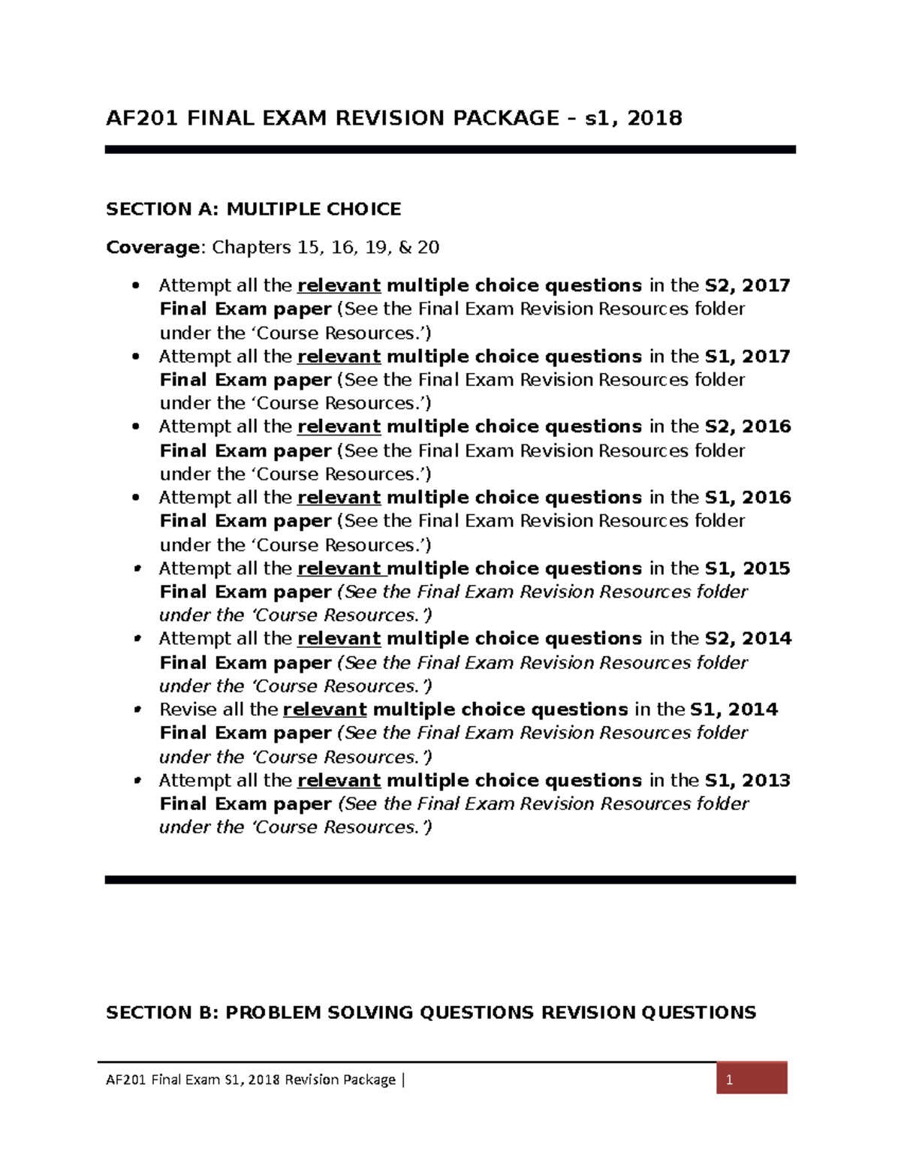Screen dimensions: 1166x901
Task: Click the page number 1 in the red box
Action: pyautogui.click(x=728, y=1080)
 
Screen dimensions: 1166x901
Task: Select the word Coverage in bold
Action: pyautogui.click(x=153, y=248)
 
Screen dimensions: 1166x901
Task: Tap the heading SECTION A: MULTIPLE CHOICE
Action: pyautogui.click(x=253, y=209)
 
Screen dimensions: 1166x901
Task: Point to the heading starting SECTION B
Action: pyautogui.click(x=430, y=1012)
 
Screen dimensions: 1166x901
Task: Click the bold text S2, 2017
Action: pyautogui.click(x=747, y=285)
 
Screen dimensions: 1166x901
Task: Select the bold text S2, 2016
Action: pyautogui.click(x=747, y=426)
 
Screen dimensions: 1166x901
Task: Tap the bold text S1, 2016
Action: pyautogui.click(x=747, y=497)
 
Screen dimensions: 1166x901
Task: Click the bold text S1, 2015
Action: pyautogui.click(x=747, y=568)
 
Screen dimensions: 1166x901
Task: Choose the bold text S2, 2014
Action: pyautogui.click(x=747, y=638)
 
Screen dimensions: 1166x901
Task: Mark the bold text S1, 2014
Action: pyautogui.click(x=734, y=710)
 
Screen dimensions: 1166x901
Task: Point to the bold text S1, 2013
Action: pyautogui.click(x=747, y=780)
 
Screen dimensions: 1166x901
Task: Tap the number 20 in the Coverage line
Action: pyautogui.click(x=428, y=248)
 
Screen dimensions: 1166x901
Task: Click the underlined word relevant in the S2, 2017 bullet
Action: pyautogui.click(x=339, y=286)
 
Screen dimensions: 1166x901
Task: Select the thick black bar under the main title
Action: pyautogui.click(x=450, y=149)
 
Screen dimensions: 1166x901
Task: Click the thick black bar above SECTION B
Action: pyautogui.click(x=450, y=879)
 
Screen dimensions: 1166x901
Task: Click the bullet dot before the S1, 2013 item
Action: pyautogui.click(x=137, y=780)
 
